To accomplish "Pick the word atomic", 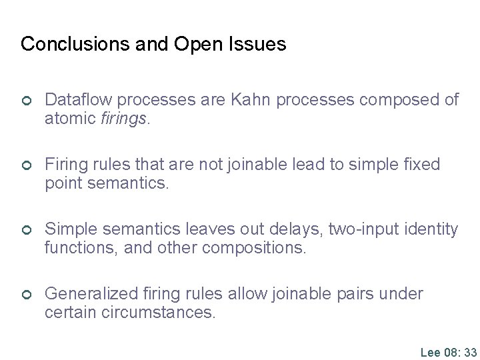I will (x=67, y=119).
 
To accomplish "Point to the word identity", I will (x=433, y=229).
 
